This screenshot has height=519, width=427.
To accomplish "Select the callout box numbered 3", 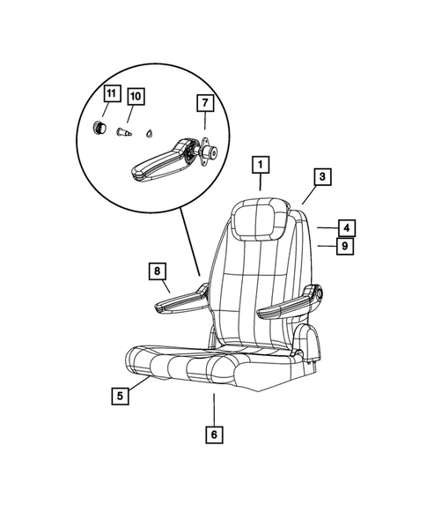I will click(323, 177).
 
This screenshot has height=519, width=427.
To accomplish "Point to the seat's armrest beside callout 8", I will click(183, 302).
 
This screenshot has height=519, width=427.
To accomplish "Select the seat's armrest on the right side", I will click(286, 303).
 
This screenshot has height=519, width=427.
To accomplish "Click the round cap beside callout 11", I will click(102, 128).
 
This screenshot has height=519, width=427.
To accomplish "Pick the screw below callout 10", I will click(124, 132).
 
